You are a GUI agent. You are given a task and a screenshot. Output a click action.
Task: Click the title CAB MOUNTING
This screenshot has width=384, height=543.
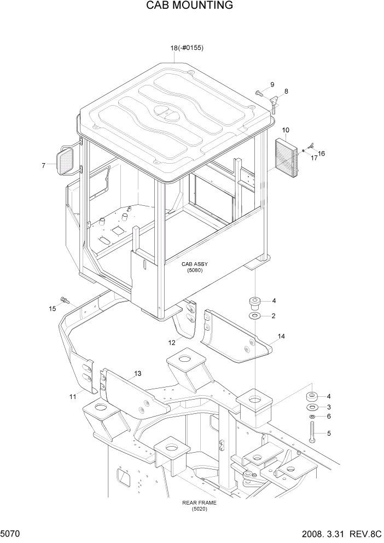[x=189, y=6]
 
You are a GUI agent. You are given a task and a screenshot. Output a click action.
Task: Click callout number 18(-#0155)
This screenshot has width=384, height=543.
[x=187, y=48]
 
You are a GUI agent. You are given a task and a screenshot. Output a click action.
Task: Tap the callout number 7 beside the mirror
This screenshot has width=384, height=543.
[x=43, y=165]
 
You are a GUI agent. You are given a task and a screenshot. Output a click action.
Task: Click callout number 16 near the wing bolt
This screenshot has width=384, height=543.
[x=321, y=153]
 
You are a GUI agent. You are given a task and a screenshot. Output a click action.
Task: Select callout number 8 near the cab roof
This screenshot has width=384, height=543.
[x=286, y=91]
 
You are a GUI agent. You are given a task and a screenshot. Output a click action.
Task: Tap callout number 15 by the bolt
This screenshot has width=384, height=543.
[x=52, y=309]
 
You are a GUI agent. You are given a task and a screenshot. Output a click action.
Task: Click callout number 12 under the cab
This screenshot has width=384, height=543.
[x=171, y=342]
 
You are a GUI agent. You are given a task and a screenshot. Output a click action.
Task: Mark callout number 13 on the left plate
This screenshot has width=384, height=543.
[x=137, y=373]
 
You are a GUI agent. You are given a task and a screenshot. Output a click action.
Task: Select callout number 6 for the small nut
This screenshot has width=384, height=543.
[x=329, y=416]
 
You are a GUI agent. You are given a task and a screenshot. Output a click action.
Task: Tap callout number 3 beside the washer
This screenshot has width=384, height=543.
[x=329, y=407]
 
